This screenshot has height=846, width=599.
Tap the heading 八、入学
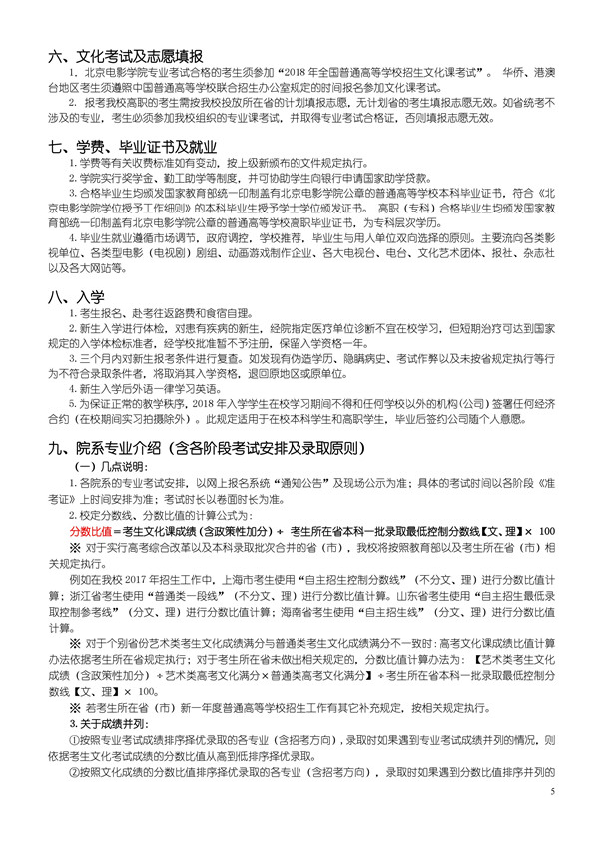[x=69, y=296]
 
